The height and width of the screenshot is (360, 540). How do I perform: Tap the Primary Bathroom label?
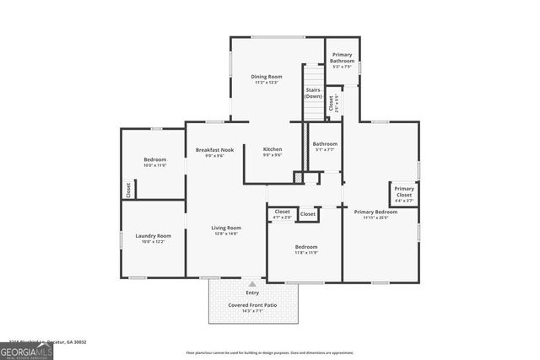pyautogui.click(x=342, y=56)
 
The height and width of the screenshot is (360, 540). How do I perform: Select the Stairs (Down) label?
pyautogui.click(x=313, y=92)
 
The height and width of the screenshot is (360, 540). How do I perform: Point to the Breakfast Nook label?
pyautogui.click(x=210, y=149)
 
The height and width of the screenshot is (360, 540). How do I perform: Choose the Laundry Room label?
pyautogui.click(x=154, y=236)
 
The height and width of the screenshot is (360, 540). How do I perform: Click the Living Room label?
pyautogui.click(x=226, y=228)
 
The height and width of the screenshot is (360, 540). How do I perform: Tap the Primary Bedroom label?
pyautogui.click(x=375, y=212)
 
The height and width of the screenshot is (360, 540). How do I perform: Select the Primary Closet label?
pyautogui.click(x=404, y=191)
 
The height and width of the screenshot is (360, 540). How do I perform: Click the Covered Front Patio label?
pyautogui.click(x=252, y=305)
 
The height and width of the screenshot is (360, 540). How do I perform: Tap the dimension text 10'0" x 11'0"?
pyautogui.click(x=154, y=165)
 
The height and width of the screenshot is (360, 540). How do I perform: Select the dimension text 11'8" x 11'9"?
pyautogui.click(x=305, y=252)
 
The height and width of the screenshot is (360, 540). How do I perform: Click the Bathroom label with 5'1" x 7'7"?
pyautogui.click(x=325, y=144)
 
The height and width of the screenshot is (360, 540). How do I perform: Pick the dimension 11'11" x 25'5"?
pyautogui.click(x=375, y=218)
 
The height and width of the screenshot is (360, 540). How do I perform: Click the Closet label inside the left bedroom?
pyautogui.click(x=128, y=190)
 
